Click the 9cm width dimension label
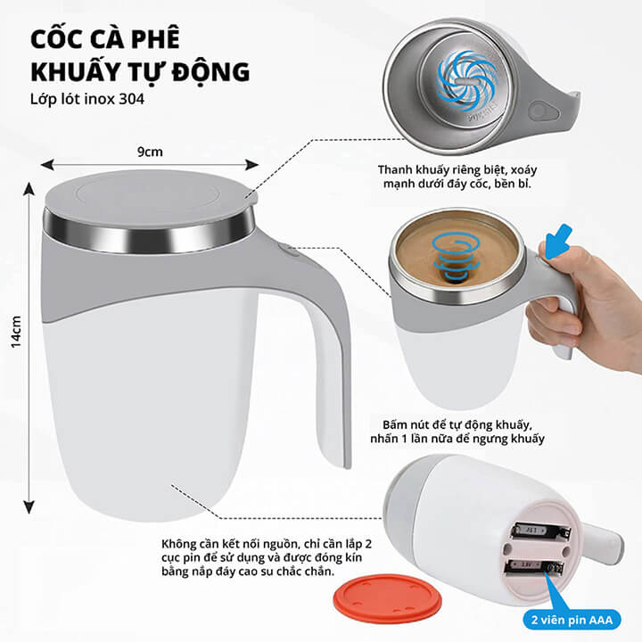click(151, 152)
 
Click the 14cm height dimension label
click(16, 332)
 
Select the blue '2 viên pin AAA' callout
click(572, 620)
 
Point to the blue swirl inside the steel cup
click(466, 81)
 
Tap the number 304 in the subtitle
click(131, 100)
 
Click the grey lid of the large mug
click(151, 195)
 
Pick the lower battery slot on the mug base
click(534, 568)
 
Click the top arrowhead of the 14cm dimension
click(29, 189)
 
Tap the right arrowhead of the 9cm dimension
click(251, 165)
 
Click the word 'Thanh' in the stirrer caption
click(395, 169)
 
